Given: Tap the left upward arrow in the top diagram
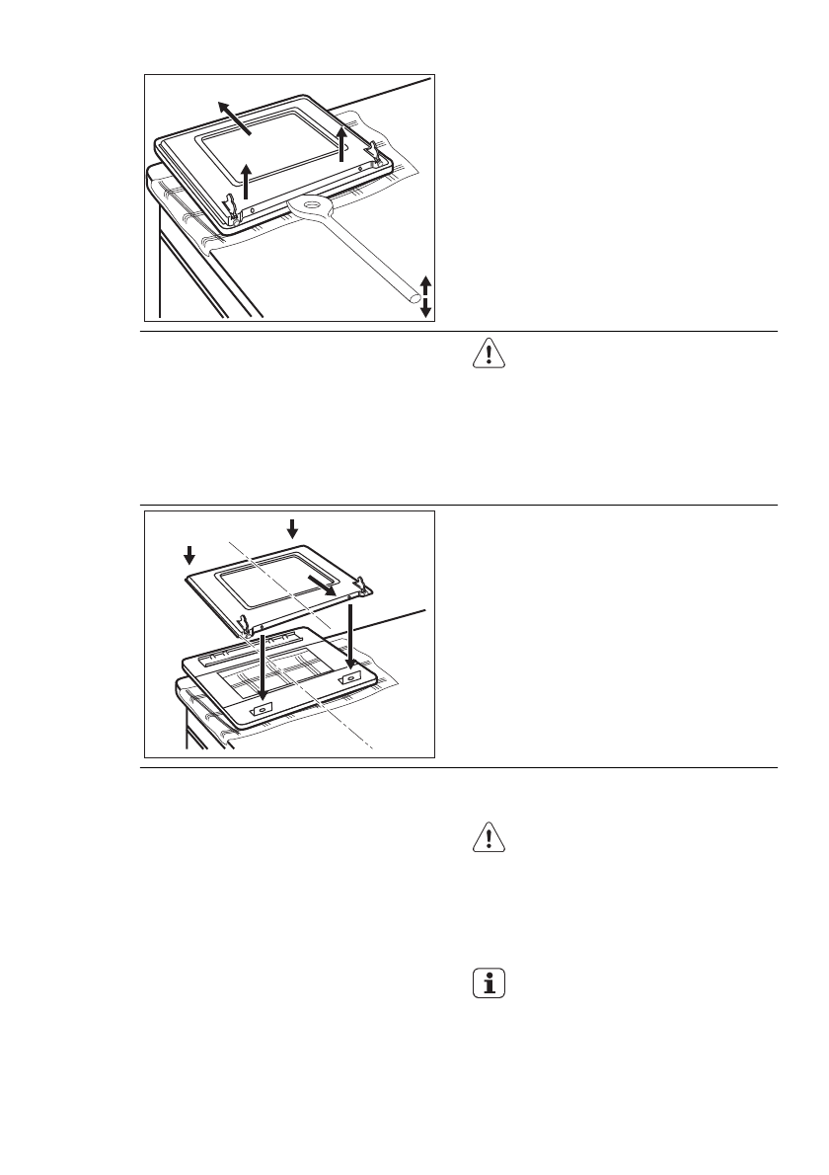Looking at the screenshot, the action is (x=247, y=181).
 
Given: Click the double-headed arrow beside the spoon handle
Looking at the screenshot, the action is (x=425, y=296).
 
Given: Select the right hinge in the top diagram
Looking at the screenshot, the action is (x=375, y=152).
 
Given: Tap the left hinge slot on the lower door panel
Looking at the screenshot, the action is (x=260, y=708).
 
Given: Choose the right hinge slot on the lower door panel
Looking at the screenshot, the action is (x=349, y=680).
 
